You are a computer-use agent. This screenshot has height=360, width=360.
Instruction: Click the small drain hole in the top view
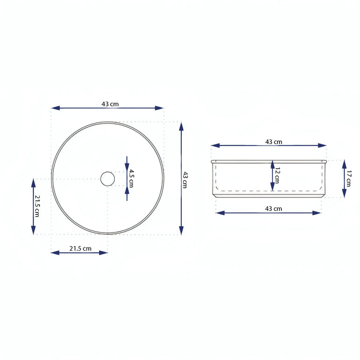coord(107,179)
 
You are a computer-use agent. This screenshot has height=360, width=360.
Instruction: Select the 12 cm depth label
coord(277,175)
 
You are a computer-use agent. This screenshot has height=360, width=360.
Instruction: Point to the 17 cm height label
coord(349,178)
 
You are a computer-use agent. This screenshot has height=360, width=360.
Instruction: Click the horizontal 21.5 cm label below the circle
coord(80,248)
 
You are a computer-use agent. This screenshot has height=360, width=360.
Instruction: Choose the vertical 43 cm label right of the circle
coord(185,179)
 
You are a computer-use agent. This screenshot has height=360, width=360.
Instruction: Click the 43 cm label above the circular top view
coord(110,104)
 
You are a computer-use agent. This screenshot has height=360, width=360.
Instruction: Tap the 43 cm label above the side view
coord(273,141)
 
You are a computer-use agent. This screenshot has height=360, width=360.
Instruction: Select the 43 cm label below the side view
coord(273,209)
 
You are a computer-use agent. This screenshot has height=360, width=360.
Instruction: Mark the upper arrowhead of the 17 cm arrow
coord(344,163)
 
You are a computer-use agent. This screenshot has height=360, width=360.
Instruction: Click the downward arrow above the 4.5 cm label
coord(127,164)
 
